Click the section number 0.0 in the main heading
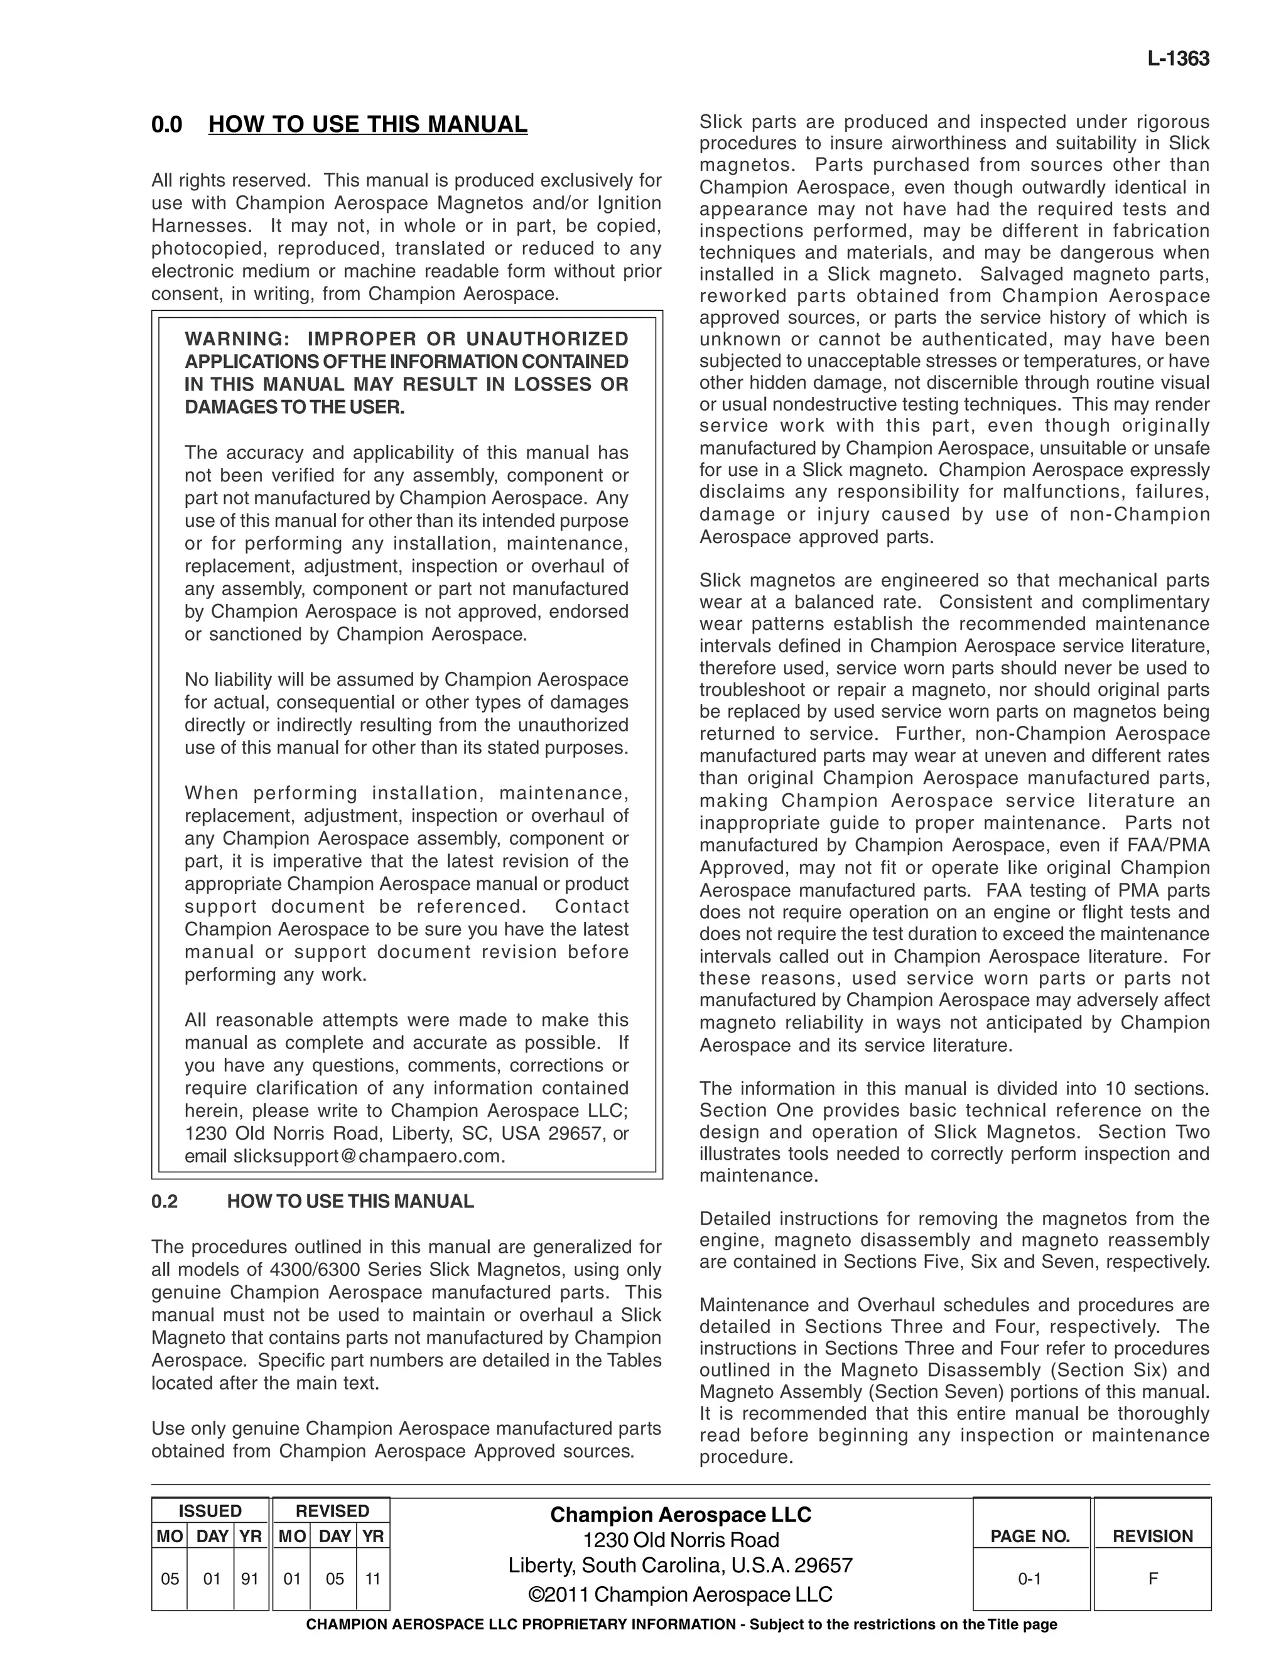[x=167, y=124]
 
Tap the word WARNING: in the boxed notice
[x=233, y=339]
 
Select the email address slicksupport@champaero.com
[x=367, y=1156]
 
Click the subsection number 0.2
[x=165, y=1201]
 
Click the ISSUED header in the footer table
[x=210, y=1511]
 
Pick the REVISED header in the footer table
[x=332, y=1511]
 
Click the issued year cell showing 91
[x=250, y=1579]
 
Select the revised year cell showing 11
[x=372, y=1579]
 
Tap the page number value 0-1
[x=1029, y=1579]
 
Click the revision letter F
[x=1153, y=1579]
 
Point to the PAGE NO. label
[x=1030, y=1536]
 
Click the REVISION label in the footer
[x=1153, y=1536]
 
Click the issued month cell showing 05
[x=170, y=1579]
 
